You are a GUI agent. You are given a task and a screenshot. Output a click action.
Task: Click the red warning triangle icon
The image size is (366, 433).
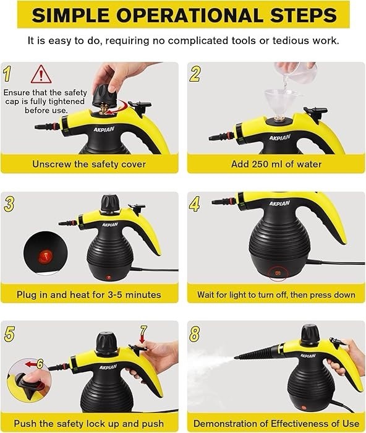pos(41,75)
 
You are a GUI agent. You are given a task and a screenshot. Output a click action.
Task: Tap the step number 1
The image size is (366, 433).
pos(7,74)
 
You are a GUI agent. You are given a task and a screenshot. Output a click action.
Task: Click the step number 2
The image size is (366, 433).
pos(195,74)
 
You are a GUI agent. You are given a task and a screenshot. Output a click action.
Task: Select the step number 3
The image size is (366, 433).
pos(9,204)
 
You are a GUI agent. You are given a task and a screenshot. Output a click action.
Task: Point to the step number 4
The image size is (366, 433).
pos(195,204)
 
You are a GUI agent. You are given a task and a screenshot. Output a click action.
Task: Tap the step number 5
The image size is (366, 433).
pos(9,333)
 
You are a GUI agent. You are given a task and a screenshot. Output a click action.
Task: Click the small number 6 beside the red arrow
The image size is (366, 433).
pos(40,364)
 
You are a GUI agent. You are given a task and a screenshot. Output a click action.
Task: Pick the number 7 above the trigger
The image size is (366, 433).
pos(143,330)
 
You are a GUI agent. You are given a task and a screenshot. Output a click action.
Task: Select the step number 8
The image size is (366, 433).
pos(195,333)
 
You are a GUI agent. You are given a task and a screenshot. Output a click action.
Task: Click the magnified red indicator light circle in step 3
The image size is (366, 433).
pos(46,254)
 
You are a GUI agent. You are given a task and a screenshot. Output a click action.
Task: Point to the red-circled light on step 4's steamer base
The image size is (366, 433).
pos(278,273)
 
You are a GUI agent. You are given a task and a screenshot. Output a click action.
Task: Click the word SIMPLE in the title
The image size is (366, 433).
pos(70,15)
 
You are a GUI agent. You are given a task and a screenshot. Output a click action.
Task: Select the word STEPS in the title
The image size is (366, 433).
pos(304,15)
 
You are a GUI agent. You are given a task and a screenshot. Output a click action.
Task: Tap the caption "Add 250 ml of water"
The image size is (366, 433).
pos(276,164)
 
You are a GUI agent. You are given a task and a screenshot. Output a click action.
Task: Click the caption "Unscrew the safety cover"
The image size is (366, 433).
pos(89,164)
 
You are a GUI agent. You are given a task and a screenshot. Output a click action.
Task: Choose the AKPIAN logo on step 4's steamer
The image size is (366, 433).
pos(279,204)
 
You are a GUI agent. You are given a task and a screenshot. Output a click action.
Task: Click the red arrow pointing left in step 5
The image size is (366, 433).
pos(31,364)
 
